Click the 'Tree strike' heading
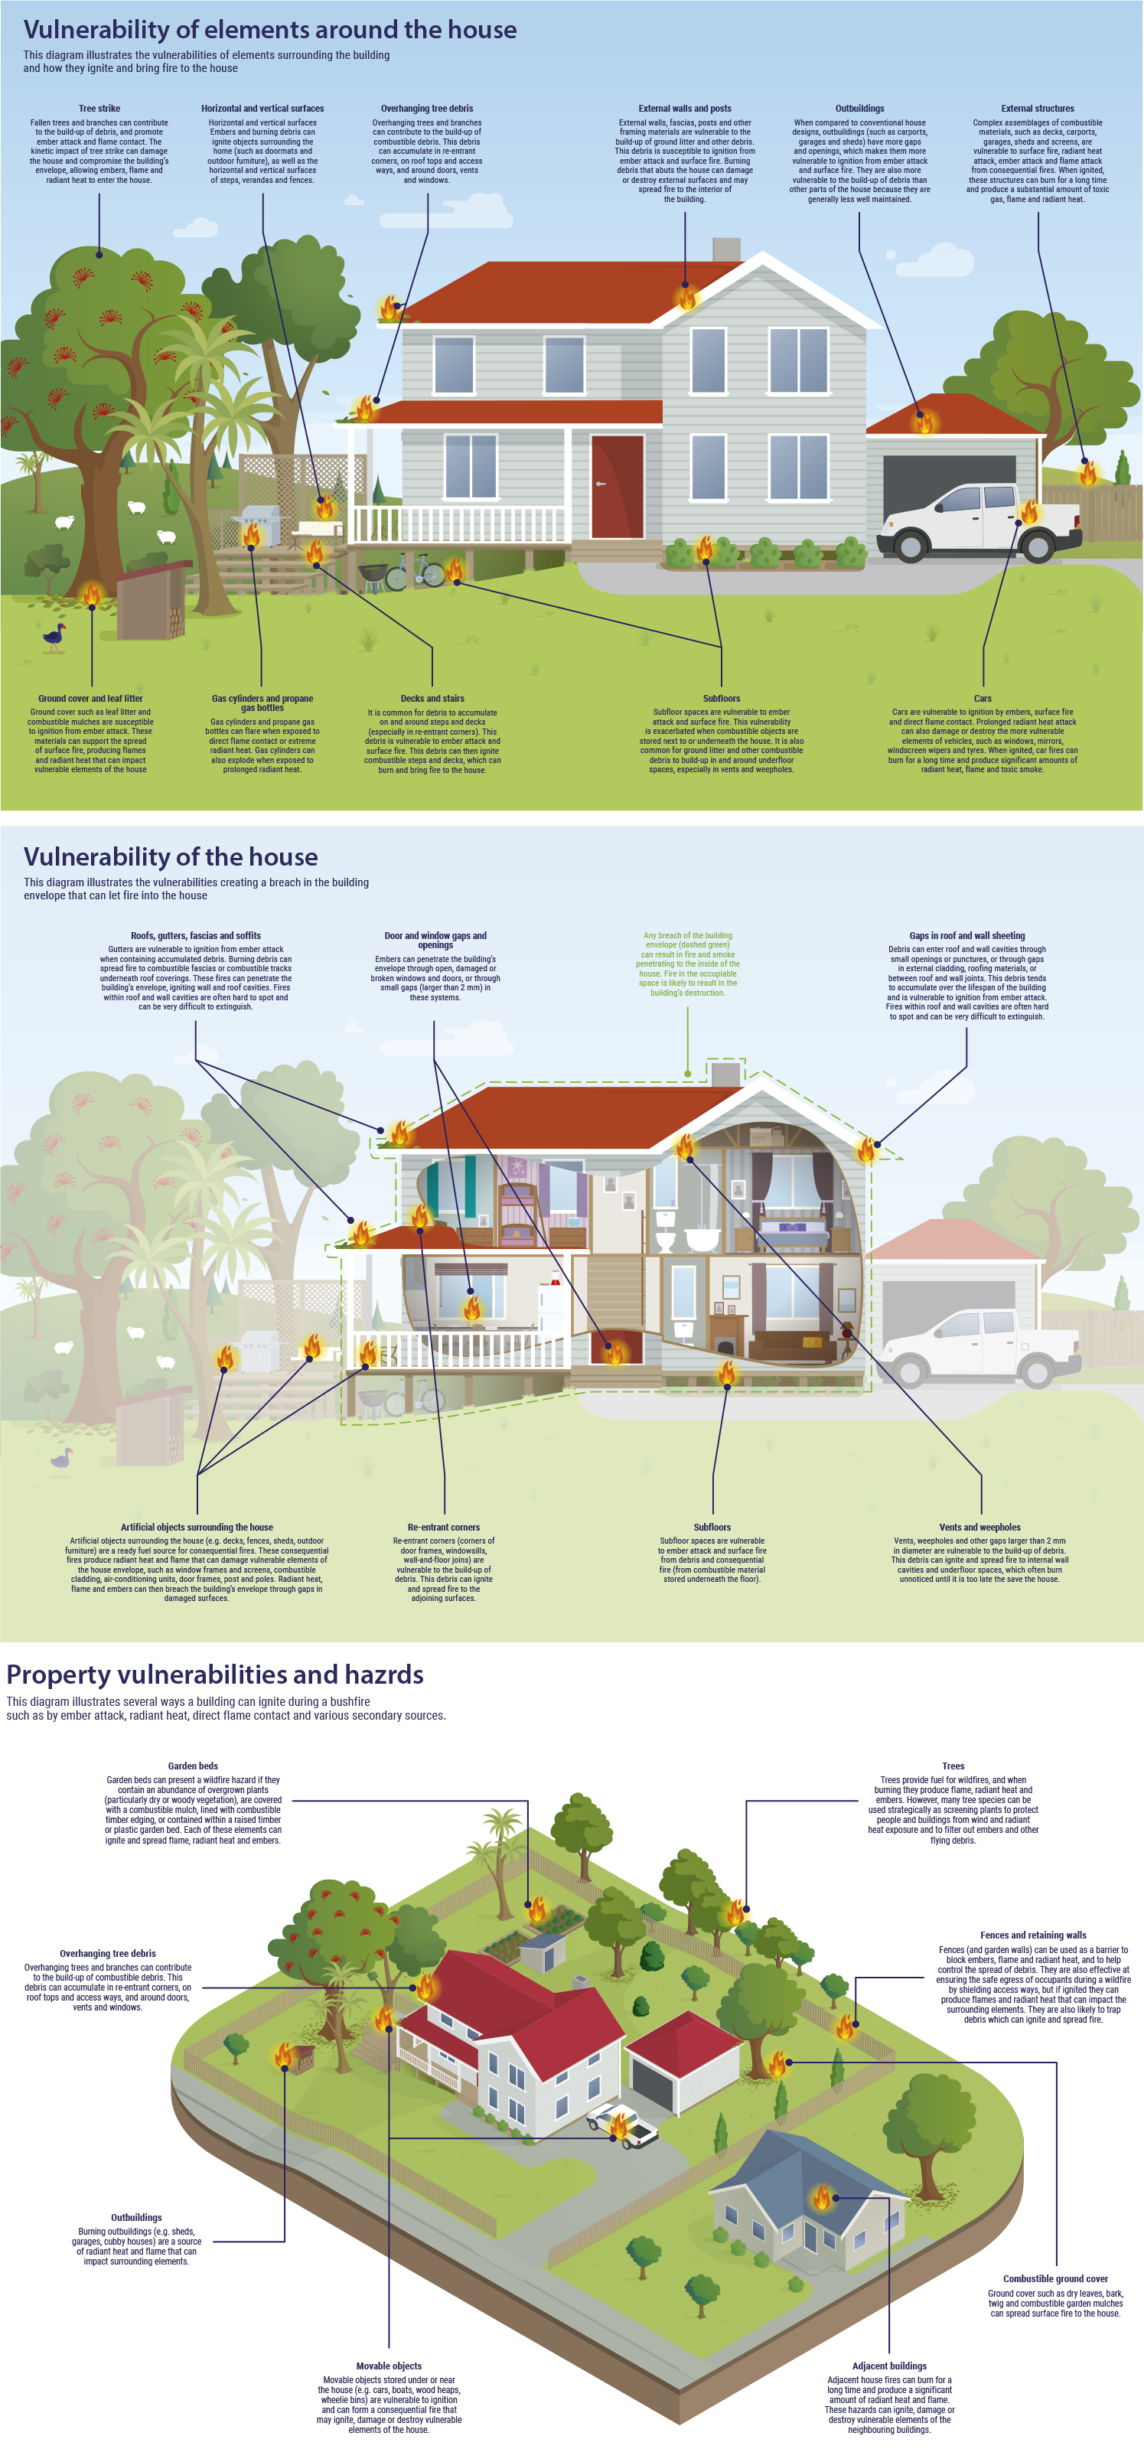(99, 109)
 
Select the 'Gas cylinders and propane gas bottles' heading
(262, 703)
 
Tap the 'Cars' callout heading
(983, 698)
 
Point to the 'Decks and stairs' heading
(432, 698)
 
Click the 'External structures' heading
(1037, 109)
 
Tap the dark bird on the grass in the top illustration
(54, 637)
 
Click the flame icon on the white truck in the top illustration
(1029, 514)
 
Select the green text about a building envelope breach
(687, 964)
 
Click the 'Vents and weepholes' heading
(979, 1527)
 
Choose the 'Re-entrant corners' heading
(443, 1527)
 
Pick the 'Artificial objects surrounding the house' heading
(196, 1527)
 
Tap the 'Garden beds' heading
(193, 1766)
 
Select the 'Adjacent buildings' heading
(889, 2366)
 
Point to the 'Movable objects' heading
(389, 2366)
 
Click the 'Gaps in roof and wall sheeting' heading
(966, 935)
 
